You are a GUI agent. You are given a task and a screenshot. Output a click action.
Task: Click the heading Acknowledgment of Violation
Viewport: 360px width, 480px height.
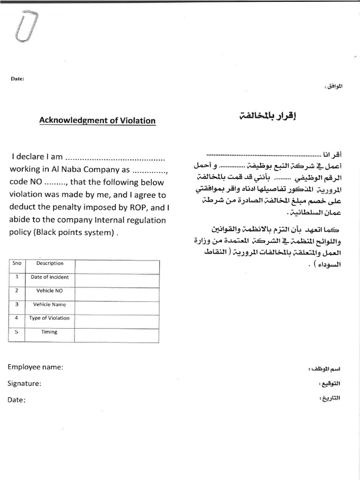pyautogui.click(x=97, y=120)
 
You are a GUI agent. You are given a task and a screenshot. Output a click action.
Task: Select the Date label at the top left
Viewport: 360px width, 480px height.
pyautogui.click(x=17, y=79)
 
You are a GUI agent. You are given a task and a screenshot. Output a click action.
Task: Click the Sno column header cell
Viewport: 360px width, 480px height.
pyautogui.click(x=17, y=263)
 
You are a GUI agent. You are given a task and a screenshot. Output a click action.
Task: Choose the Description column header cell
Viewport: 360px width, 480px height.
pyautogui.click(x=50, y=263)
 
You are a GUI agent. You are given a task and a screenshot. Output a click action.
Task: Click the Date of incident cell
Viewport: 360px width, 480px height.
pyautogui.click(x=50, y=277)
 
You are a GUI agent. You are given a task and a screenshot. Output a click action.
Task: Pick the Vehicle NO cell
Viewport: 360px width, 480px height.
pyautogui.click(x=50, y=291)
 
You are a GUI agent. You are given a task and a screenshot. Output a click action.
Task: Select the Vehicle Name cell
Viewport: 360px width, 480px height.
pyautogui.click(x=50, y=304)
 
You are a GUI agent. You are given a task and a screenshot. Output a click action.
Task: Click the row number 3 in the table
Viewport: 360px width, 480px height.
pyautogui.click(x=17, y=304)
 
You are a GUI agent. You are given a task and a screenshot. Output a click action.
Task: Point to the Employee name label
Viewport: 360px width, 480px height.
pyautogui.click(x=35, y=367)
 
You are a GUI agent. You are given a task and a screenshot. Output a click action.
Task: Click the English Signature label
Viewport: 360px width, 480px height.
pyautogui.click(x=24, y=383)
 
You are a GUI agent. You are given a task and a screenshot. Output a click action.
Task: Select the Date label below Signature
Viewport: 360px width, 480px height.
pyautogui.click(x=16, y=400)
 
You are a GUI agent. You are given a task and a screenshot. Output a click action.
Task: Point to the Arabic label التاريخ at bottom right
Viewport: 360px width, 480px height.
pyautogui.click(x=330, y=398)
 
